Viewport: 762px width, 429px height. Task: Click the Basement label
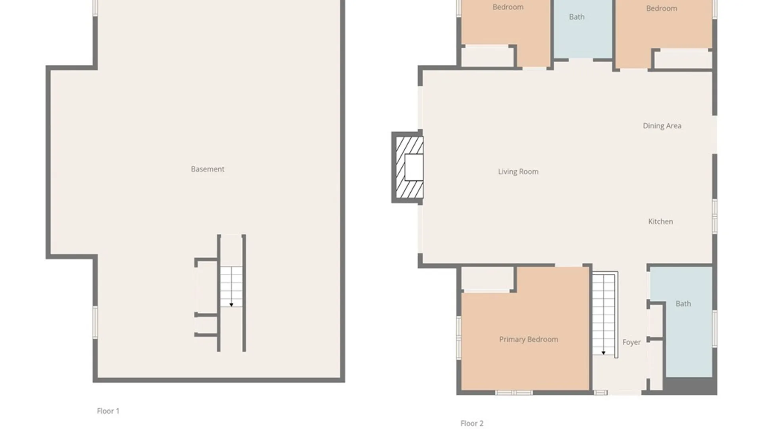click(x=208, y=169)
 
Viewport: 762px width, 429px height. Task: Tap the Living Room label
click(x=518, y=172)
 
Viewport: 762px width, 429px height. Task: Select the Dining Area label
click(x=662, y=126)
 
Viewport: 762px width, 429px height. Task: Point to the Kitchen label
click(x=660, y=222)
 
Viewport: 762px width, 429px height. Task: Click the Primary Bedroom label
click(x=529, y=340)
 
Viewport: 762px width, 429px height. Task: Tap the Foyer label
click(x=631, y=342)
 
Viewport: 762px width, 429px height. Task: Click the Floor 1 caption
click(x=108, y=411)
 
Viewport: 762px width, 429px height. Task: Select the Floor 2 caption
click(x=472, y=423)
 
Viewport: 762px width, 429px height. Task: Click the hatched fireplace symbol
click(x=409, y=167)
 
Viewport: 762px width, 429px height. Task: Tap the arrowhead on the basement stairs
click(x=231, y=305)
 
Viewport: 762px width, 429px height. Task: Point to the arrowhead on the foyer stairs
click(x=603, y=353)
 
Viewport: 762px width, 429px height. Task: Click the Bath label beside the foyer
click(x=683, y=304)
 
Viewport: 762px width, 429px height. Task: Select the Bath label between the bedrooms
click(x=577, y=17)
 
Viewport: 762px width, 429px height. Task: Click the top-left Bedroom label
click(x=508, y=7)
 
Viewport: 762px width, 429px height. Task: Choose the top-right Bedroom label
click(x=662, y=8)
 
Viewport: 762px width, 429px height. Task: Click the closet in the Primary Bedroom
click(x=488, y=278)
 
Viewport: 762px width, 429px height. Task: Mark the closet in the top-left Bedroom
click(x=487, y=56)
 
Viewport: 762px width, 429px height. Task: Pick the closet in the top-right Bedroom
click(x=683, y=59)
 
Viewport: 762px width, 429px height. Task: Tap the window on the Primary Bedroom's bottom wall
click(x=514, y=392)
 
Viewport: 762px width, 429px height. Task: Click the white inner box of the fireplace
click(x=414, y=167)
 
